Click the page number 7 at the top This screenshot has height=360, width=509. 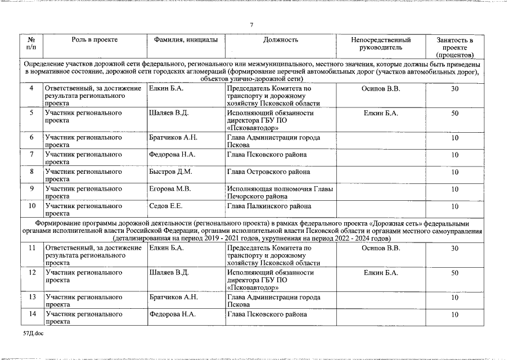(x=251, y=25)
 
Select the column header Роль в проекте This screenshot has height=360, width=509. (x=94, y=40)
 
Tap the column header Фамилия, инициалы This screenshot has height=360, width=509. (x=186, y=40)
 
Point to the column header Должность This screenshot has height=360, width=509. (x=280, y=40)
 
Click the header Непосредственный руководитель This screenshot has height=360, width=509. (x=381, y=44)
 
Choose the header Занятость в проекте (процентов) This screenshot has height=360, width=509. (x=454, y=47)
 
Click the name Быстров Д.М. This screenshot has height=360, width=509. (x=170, y=172)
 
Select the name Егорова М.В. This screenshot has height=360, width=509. (x=170, y=188)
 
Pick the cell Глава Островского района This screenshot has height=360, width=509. (x=268, y=172)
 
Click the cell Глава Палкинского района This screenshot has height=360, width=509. (x=269, y=206)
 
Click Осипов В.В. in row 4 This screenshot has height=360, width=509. (x=381, y=88)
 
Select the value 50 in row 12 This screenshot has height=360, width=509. (x=454, y=273)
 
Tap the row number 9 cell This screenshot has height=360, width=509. (x=32, y=188)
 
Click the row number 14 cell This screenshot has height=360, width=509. (x=32, y=314)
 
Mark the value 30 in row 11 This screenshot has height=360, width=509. (x=454, y=248)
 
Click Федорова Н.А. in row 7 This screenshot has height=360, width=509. (x=172, y=154)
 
